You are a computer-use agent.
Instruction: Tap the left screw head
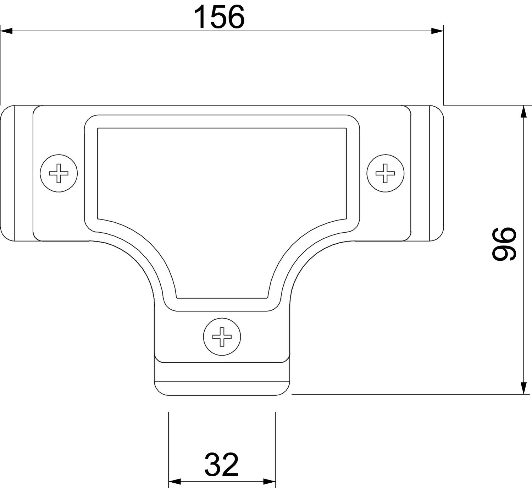(x=59, y=173)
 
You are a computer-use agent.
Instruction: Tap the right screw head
(x=385, y=173)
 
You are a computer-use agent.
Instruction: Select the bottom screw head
(x=222, y=337)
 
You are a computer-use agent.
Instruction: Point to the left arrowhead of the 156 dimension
(x=6, y=31)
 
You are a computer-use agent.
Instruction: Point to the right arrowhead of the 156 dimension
(x=437, y=31)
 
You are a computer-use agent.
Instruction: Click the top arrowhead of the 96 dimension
(x=523, y=112)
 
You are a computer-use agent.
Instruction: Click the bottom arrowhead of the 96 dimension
(x=523, y=389)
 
